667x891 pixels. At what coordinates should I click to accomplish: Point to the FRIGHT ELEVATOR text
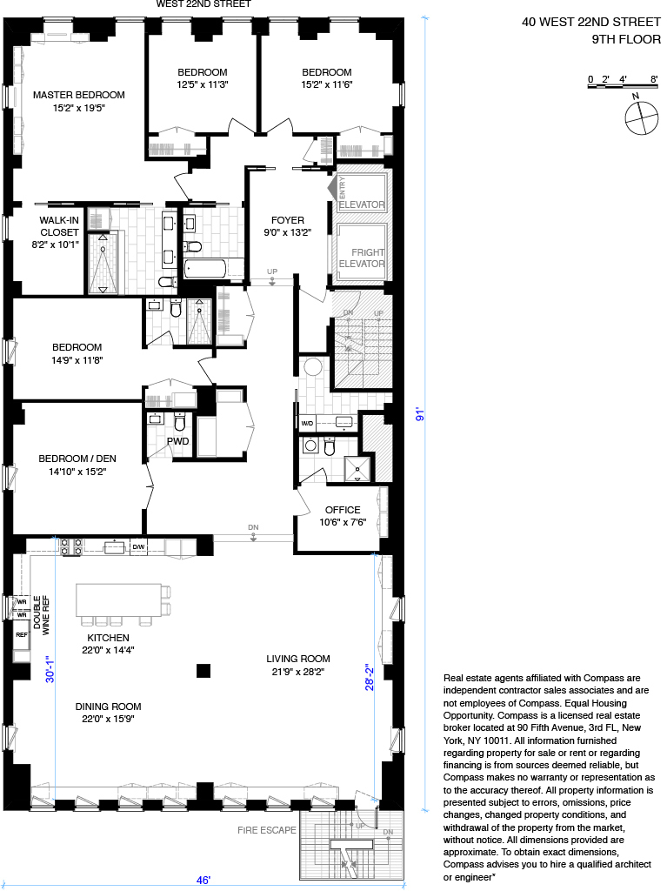(361, 258)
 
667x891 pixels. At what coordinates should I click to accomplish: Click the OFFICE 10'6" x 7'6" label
(342, 516)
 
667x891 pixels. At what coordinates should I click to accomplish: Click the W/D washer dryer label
(307, 424)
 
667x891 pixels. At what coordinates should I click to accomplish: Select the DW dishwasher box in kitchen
(137, 546)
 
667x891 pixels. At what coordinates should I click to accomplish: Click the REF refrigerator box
(21, 635)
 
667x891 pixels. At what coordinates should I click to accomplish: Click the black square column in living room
(203, 669)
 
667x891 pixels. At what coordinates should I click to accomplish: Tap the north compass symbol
(639, 116)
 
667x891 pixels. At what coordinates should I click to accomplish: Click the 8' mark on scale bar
(653, 79)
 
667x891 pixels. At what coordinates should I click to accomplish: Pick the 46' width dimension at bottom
(203, 881)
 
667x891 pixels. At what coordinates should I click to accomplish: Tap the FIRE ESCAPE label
(266, 830)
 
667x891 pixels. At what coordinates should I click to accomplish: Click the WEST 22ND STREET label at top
(203, 4)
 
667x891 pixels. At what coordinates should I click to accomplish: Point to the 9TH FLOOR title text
(625, 39)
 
